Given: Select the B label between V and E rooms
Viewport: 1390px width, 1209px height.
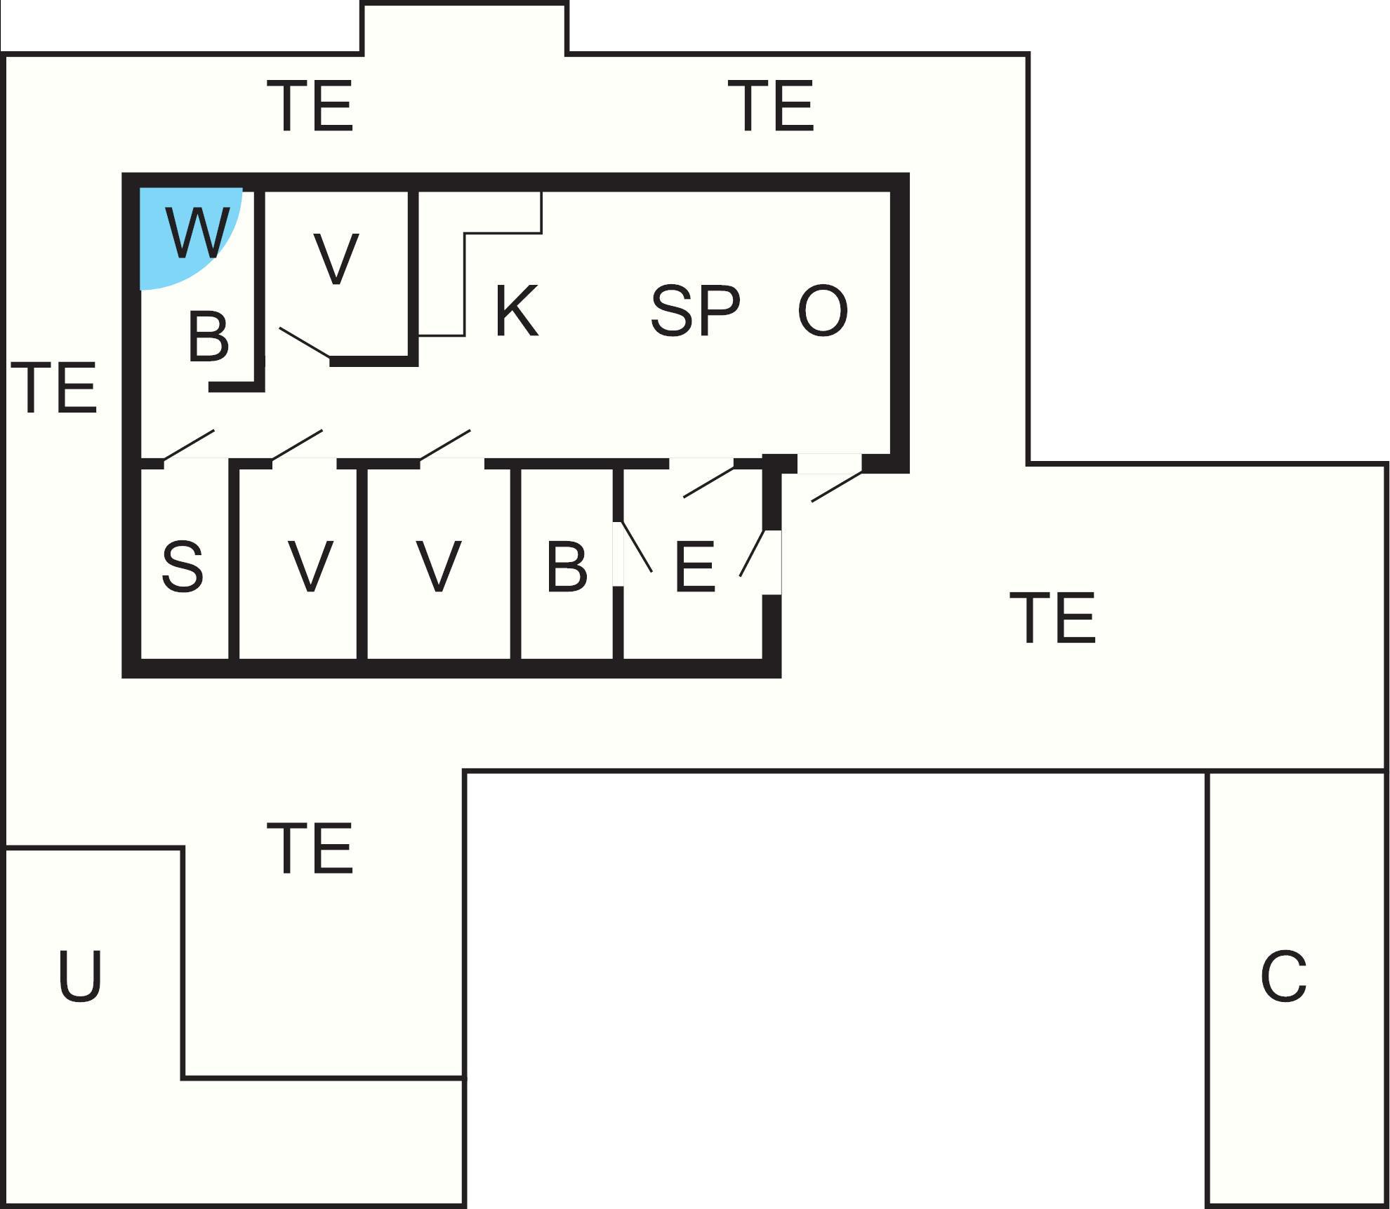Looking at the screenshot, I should click(x=566, y=566).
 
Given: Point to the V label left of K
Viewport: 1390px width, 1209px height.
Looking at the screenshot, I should click(x=336, y=259).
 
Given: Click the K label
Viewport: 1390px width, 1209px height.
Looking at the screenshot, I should click(x=517, y=311).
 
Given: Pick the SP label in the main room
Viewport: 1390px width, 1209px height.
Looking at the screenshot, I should click(x=695, y=310).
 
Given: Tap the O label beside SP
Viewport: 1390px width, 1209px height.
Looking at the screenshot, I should click(x=823, y=310).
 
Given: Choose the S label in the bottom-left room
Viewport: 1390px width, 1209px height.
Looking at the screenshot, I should click(x=183, y=566).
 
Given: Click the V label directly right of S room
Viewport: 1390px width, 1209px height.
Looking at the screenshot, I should click(x=310, y=566).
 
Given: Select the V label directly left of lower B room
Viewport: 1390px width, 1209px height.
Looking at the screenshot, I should click(x=438, y=566).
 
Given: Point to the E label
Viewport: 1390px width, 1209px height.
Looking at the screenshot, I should click(x=694, y=566).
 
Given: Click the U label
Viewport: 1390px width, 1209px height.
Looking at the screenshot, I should click(x=79, y=976).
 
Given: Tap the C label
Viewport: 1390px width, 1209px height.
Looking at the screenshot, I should click(x=1283, y=976).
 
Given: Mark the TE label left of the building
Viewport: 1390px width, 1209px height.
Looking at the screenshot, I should click(x=54, y=388).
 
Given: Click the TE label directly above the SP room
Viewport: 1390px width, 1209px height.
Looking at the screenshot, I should click(x=775, y=106).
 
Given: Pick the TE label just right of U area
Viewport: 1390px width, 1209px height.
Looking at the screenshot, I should click(x=310, y=849).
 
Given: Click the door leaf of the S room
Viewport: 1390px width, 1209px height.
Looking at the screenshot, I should click(x=189, y=445).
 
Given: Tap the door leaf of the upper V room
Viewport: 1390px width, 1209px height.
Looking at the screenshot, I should click(x=305, y=342).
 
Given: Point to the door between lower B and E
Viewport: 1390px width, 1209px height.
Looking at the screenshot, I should click(x=637, y=547).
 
